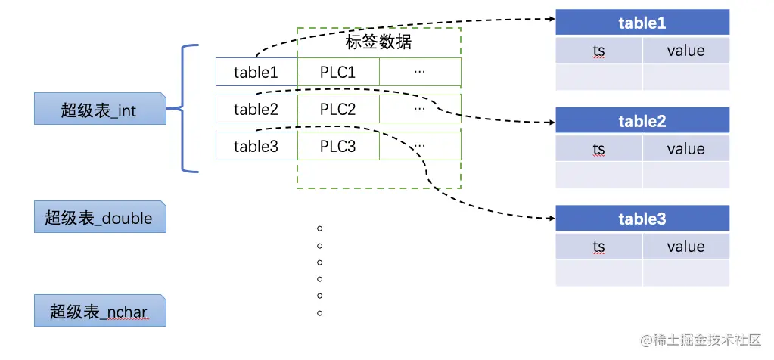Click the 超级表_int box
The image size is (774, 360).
(100, 109)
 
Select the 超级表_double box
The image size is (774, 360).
(100, 217)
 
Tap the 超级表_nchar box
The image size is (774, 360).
(100, 310)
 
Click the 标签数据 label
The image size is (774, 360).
(378, 42)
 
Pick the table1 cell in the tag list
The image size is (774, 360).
(256, 73)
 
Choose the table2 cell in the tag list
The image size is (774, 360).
(256, 109)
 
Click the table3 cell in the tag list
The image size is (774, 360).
(256, 146)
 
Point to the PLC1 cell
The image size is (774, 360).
(337, 73)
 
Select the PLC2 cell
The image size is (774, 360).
(337, 109)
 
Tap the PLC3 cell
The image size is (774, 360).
(337, 146)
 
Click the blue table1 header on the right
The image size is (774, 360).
(642, 23)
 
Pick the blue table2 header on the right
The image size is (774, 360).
(642, 121)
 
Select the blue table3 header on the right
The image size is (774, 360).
(642, 219)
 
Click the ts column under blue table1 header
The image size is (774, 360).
(599, 51)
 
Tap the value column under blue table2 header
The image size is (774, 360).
(685, 149)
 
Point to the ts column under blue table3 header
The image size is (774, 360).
(599, 247)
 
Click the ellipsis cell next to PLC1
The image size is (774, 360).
(420, 73)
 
